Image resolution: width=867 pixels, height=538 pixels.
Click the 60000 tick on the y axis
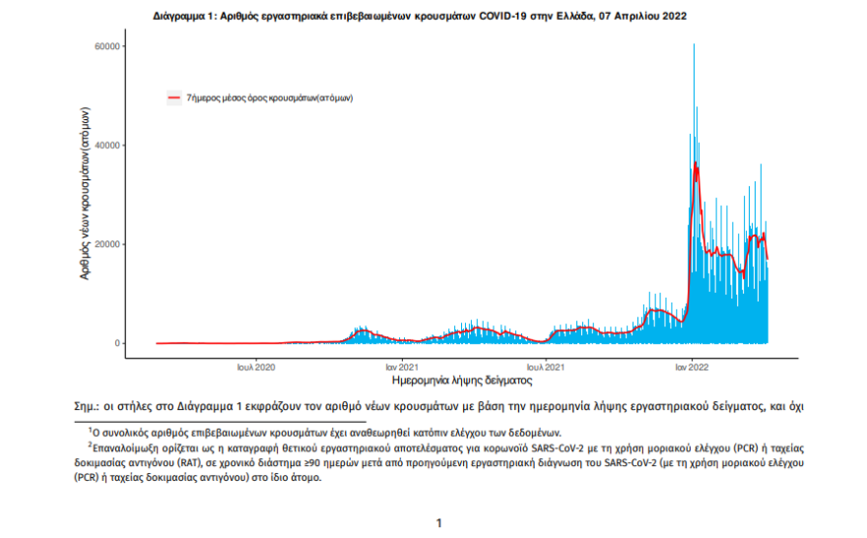[107, 46]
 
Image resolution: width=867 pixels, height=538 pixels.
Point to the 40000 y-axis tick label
[107, 145]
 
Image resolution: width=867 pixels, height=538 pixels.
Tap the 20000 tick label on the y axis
[107, 244]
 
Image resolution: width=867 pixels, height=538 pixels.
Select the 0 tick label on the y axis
[119, 343]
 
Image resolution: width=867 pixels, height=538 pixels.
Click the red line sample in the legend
[174, 99]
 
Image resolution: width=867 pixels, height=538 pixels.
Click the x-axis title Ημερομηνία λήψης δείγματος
[462, 379]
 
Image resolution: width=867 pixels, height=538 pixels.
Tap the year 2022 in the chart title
[674, 17]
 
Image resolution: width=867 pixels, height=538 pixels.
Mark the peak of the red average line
[696, 164]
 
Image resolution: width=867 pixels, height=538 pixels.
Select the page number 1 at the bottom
[438, 523]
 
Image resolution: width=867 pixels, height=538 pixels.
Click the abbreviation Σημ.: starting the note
[89, 405]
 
